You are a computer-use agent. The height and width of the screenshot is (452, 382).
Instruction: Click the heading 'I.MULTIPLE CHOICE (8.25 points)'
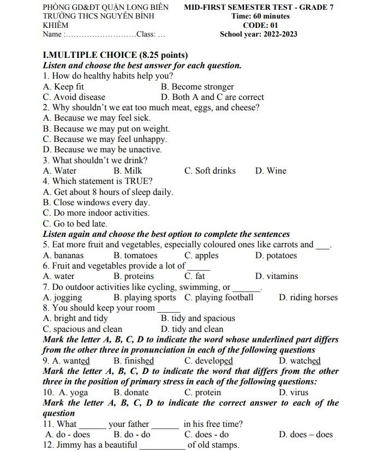[x=115, y=55]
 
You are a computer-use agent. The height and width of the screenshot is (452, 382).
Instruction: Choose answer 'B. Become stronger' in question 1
[x=198, y=87]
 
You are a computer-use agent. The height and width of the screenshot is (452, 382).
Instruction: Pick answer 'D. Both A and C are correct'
[x=212, y=97]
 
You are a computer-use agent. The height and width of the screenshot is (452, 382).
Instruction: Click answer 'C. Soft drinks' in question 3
[x=210, y=171]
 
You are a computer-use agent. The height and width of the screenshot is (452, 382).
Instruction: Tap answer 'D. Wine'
[x=271, y=171]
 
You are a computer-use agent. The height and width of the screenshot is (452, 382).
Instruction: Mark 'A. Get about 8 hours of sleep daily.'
[x=108, y=192]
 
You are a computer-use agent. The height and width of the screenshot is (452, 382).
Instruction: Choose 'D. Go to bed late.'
[x=75, y=224]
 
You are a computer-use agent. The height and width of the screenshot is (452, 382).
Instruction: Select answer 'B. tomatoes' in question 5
[x=135, y=255]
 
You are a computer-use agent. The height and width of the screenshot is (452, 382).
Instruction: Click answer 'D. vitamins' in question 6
[x=277, y=276]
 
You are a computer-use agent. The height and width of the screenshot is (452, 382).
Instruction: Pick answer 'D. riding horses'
[x=308, y=298]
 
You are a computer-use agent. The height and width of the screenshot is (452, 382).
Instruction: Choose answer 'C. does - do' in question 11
[x=207, y=435]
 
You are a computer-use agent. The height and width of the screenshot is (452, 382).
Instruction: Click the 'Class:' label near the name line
[x=146, y=34]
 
